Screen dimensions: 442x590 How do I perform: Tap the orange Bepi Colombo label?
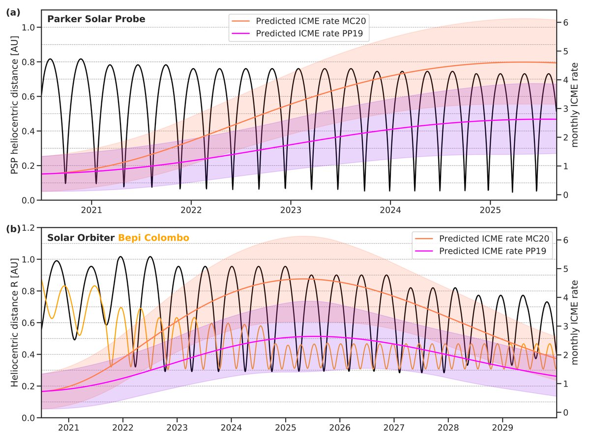pos(153,238)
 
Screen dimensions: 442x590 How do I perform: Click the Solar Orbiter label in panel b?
pos(81,238)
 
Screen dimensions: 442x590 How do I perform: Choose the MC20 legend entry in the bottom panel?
pos(494,239)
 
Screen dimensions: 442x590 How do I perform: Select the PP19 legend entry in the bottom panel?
pos(494,251)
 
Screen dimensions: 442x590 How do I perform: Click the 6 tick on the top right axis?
pos(565,23)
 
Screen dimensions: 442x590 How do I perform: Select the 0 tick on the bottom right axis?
pos(565,412)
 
